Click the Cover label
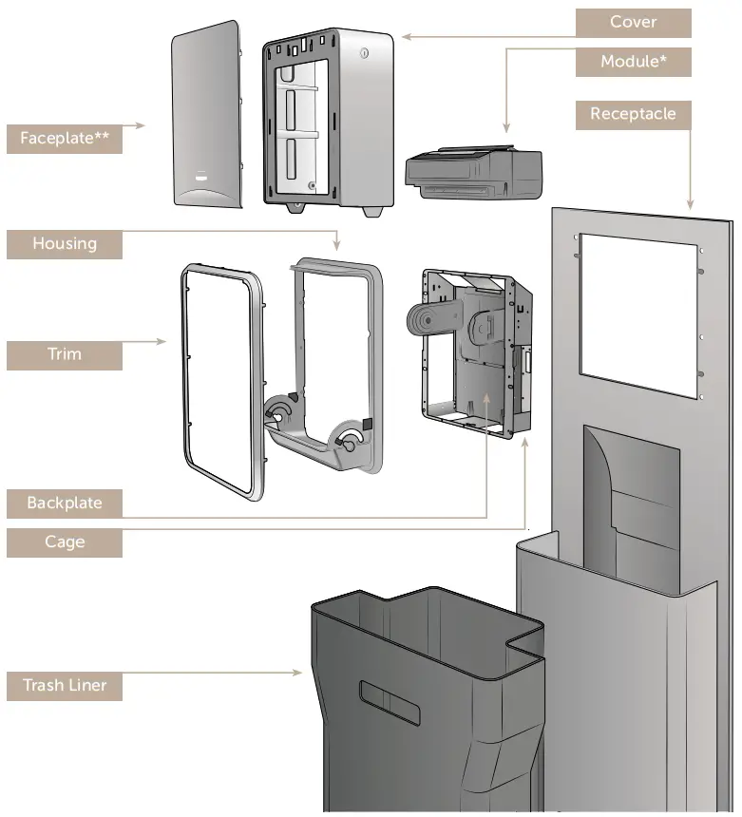point(633,23)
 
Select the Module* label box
point(633,62)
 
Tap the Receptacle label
point(633,114)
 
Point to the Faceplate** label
point(65,139)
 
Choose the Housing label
point(65,243)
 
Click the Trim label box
point(65,354)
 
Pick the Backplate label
point(65,503)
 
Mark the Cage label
point(65,542)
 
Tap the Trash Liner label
point(65,685)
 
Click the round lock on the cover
point(361,54)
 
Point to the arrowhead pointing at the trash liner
point(299,674)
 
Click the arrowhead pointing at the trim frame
point(163,340)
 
